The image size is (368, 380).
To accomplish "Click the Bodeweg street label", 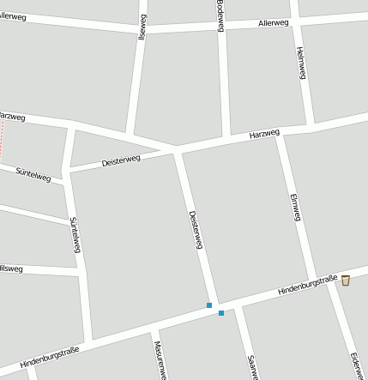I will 220,15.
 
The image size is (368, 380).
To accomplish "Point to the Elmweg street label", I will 296,207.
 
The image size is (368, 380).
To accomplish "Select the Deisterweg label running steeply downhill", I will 196,229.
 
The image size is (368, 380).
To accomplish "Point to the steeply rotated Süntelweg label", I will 75,234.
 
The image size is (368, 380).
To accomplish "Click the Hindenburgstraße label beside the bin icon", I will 307,285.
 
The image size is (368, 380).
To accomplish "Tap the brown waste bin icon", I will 345,280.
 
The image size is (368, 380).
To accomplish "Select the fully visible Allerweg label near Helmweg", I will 274,23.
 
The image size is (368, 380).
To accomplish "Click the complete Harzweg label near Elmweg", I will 264,135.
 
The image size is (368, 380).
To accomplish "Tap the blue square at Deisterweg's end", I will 208,305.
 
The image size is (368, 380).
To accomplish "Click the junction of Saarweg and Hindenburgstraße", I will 239,305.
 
